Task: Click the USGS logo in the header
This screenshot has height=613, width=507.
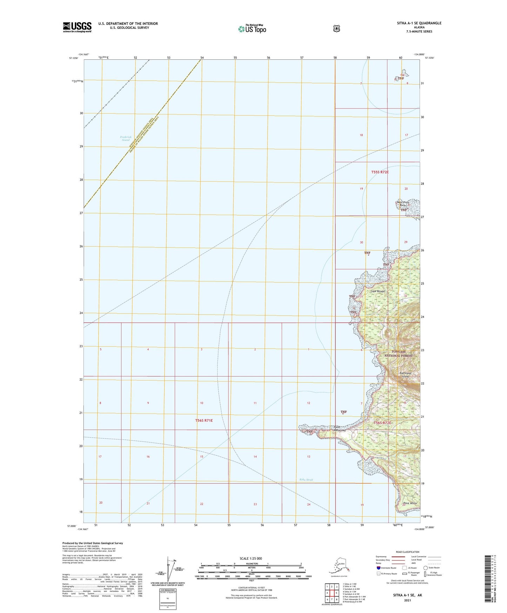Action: pyautogui.click(x=77, y=27)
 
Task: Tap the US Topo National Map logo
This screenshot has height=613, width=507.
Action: pyautogui.click(x=252, y=28)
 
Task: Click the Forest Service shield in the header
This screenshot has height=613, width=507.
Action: pyautogui.click(x=336, y=28)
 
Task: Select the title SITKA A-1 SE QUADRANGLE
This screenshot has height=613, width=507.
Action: pyautogui.click(x=419, y=23)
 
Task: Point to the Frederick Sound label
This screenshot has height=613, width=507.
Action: pyautogui.click(x=125, y=138)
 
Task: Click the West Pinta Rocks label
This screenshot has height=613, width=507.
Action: pyautogui.click(x=403, y=204)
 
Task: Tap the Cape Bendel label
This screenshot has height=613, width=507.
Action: pyautogui.click(x=378, y=291)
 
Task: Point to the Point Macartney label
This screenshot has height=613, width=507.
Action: pyautogui.click(x=340, y=429)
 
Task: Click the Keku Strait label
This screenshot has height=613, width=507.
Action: pyautogui.click(x=306, y=480)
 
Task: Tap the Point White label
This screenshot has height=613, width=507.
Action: pyautogui.click(x=410, y=503)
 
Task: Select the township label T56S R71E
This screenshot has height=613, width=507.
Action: pyautogui.click(x=204, y=420)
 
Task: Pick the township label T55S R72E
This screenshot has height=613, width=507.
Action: pyautogui.click(x=380, y=172)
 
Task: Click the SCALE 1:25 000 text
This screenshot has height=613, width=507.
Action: pyautogui.click(x=251, y=558)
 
